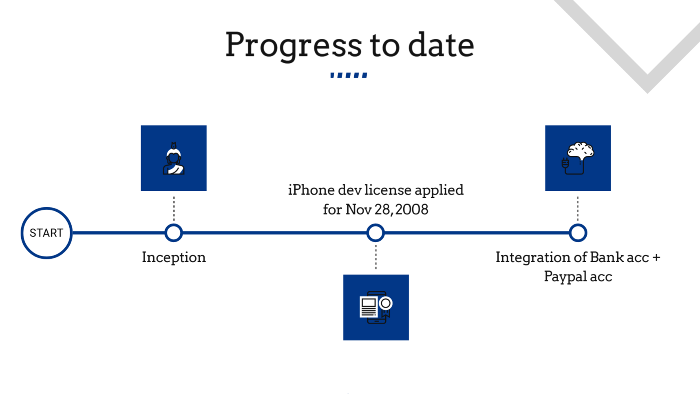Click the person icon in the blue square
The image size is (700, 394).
[174, 158]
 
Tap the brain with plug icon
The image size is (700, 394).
[578, 158]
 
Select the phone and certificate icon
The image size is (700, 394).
[376, 308]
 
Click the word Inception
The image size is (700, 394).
[174, 257]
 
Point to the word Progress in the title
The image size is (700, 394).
[294, 45]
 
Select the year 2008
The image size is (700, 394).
[412, 210]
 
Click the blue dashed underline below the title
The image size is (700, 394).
[349, 75]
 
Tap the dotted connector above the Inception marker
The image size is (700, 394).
[174, 208]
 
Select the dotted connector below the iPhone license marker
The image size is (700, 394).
[376, 257]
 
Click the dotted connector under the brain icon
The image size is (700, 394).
[578, 208]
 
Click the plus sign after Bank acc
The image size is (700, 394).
[656, 258]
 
